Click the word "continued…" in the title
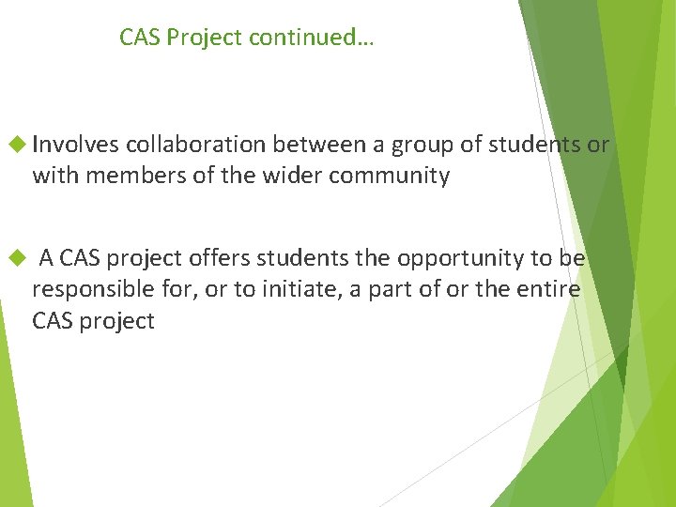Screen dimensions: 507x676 [316, 38]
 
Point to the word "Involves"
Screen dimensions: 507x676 [75, 145]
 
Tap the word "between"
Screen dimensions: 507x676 [300, 145]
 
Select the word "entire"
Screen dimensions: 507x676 [549, 289]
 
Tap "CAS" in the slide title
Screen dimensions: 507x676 [139, 38]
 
